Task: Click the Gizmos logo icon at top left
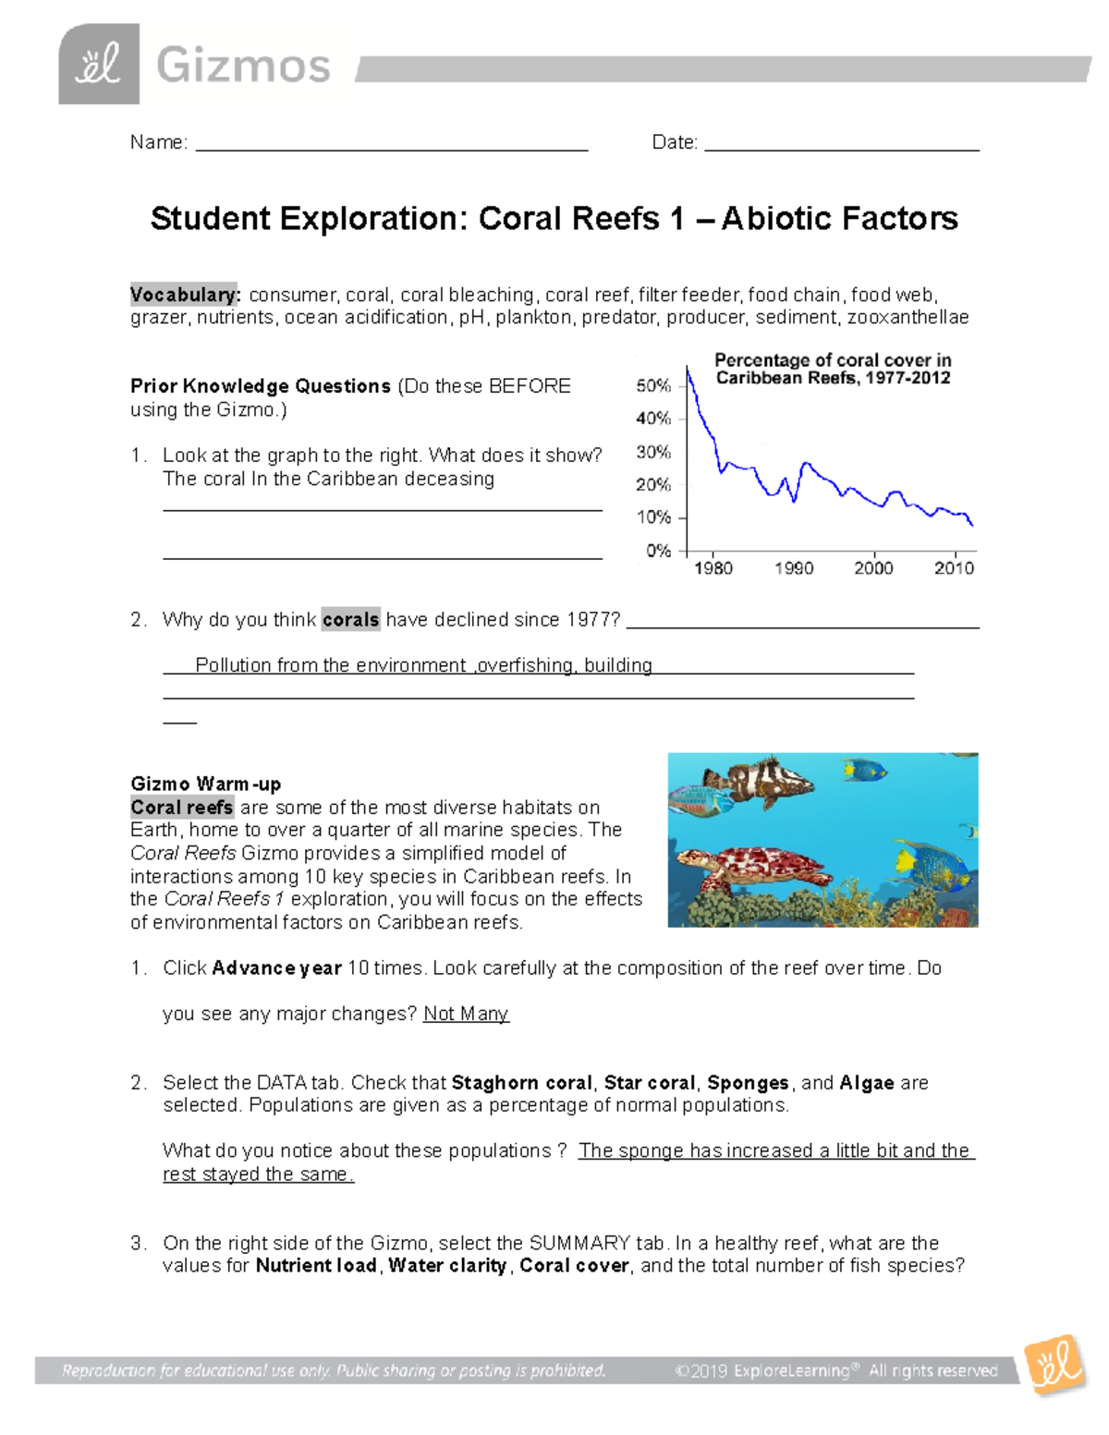(99, 65)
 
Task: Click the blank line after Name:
(392, 143)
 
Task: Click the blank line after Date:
(841, 143)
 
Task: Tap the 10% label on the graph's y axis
(653, 517)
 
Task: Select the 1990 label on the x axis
(794, 568)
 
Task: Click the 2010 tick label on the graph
(954, 568)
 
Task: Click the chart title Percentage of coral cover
(832, 369)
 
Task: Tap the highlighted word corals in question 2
(350, 619)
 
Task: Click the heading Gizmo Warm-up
(205, 784)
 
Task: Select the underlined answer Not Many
(466, 1014)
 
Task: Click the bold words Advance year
(276, 968)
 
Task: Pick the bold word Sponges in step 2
(748, 1083)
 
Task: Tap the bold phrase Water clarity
(447, 1266)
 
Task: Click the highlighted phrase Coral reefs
(181, 808)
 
